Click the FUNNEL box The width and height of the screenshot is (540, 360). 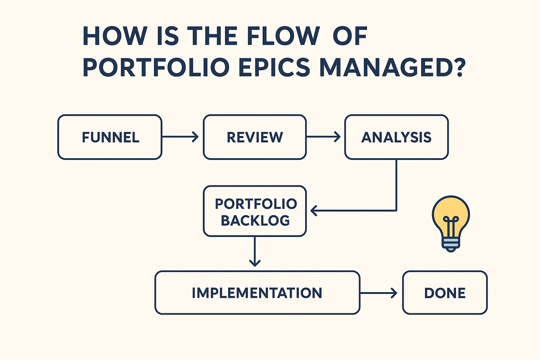point(110,137)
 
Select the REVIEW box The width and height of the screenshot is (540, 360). point(255,137)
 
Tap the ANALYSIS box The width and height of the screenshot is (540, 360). point(396,137)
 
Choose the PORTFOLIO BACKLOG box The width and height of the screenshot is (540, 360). point(255,211)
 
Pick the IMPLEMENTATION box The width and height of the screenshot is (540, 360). point(257,292)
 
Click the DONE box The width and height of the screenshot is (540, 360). point(445,292)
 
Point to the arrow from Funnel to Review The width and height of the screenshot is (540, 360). point(180,137)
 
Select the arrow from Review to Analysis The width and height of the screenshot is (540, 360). point(323,137)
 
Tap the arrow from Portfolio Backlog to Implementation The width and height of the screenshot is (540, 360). point(255,252)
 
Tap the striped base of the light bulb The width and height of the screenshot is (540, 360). point(451,243)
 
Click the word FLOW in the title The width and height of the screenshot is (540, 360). point(283,36)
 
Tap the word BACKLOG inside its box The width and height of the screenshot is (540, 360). point(255,220)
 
